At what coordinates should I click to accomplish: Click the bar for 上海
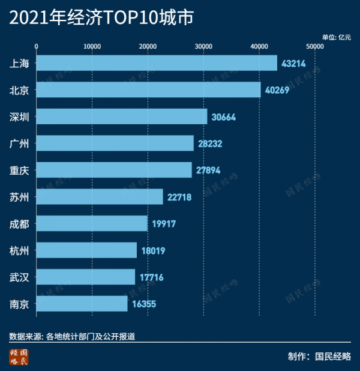pyautogui.click(x=157, y=63)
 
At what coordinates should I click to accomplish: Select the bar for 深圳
pyautogui.click(x=122, y=116)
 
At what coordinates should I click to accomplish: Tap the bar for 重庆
pyautogui.click(x=114, y=170)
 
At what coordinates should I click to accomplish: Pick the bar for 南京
pyautogui.click(x=82, y=304)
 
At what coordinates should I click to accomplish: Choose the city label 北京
pyautogui.click(x=20, y=90)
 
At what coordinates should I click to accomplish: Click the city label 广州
pyautogui.click(x=20, y=143)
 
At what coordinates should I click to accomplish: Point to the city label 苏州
pyautogui.click(x=20, y=197)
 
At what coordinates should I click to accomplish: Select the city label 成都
pyautogui.click(x=20, y=224)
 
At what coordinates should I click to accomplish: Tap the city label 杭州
pyautogui.click(x=20, y=250)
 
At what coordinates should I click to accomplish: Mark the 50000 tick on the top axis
pyautogui.click(x=314, y=46)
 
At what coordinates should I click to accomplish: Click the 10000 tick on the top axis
pyautogui.click(x=92, y=46)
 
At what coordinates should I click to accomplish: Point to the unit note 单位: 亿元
pyautogui.click(x=336, y=37)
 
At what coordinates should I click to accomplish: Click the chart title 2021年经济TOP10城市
pyautogui.click(x=102, y=18)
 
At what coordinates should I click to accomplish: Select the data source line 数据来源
pyautogui.click(x=72, y=336)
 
